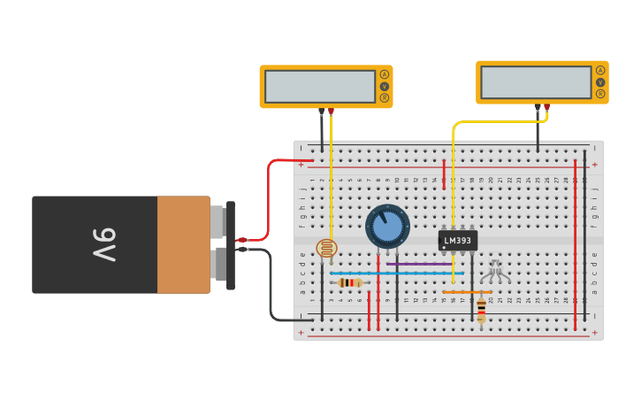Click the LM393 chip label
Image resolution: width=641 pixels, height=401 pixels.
[458, 241]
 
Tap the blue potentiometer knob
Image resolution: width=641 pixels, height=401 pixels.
[387, 227]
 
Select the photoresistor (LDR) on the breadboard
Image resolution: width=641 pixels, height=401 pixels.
[326, 249]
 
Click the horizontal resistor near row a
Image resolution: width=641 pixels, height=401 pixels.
[351, 282]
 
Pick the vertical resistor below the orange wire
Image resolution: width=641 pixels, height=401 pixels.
[481, 310]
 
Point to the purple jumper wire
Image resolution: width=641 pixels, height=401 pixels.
[419, 264]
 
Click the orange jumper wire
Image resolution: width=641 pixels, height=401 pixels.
[467, 291]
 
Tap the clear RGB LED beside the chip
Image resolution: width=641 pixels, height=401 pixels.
[495, 269]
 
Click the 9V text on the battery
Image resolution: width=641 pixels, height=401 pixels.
[103, 245]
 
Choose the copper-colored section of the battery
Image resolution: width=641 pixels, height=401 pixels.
[183, 245]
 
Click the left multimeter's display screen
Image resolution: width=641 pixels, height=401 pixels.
[319, 87]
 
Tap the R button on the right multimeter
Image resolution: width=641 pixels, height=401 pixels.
[600, 94]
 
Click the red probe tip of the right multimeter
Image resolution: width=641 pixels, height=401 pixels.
[546, 107]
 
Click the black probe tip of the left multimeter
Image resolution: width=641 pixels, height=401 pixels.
[321, 112]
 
